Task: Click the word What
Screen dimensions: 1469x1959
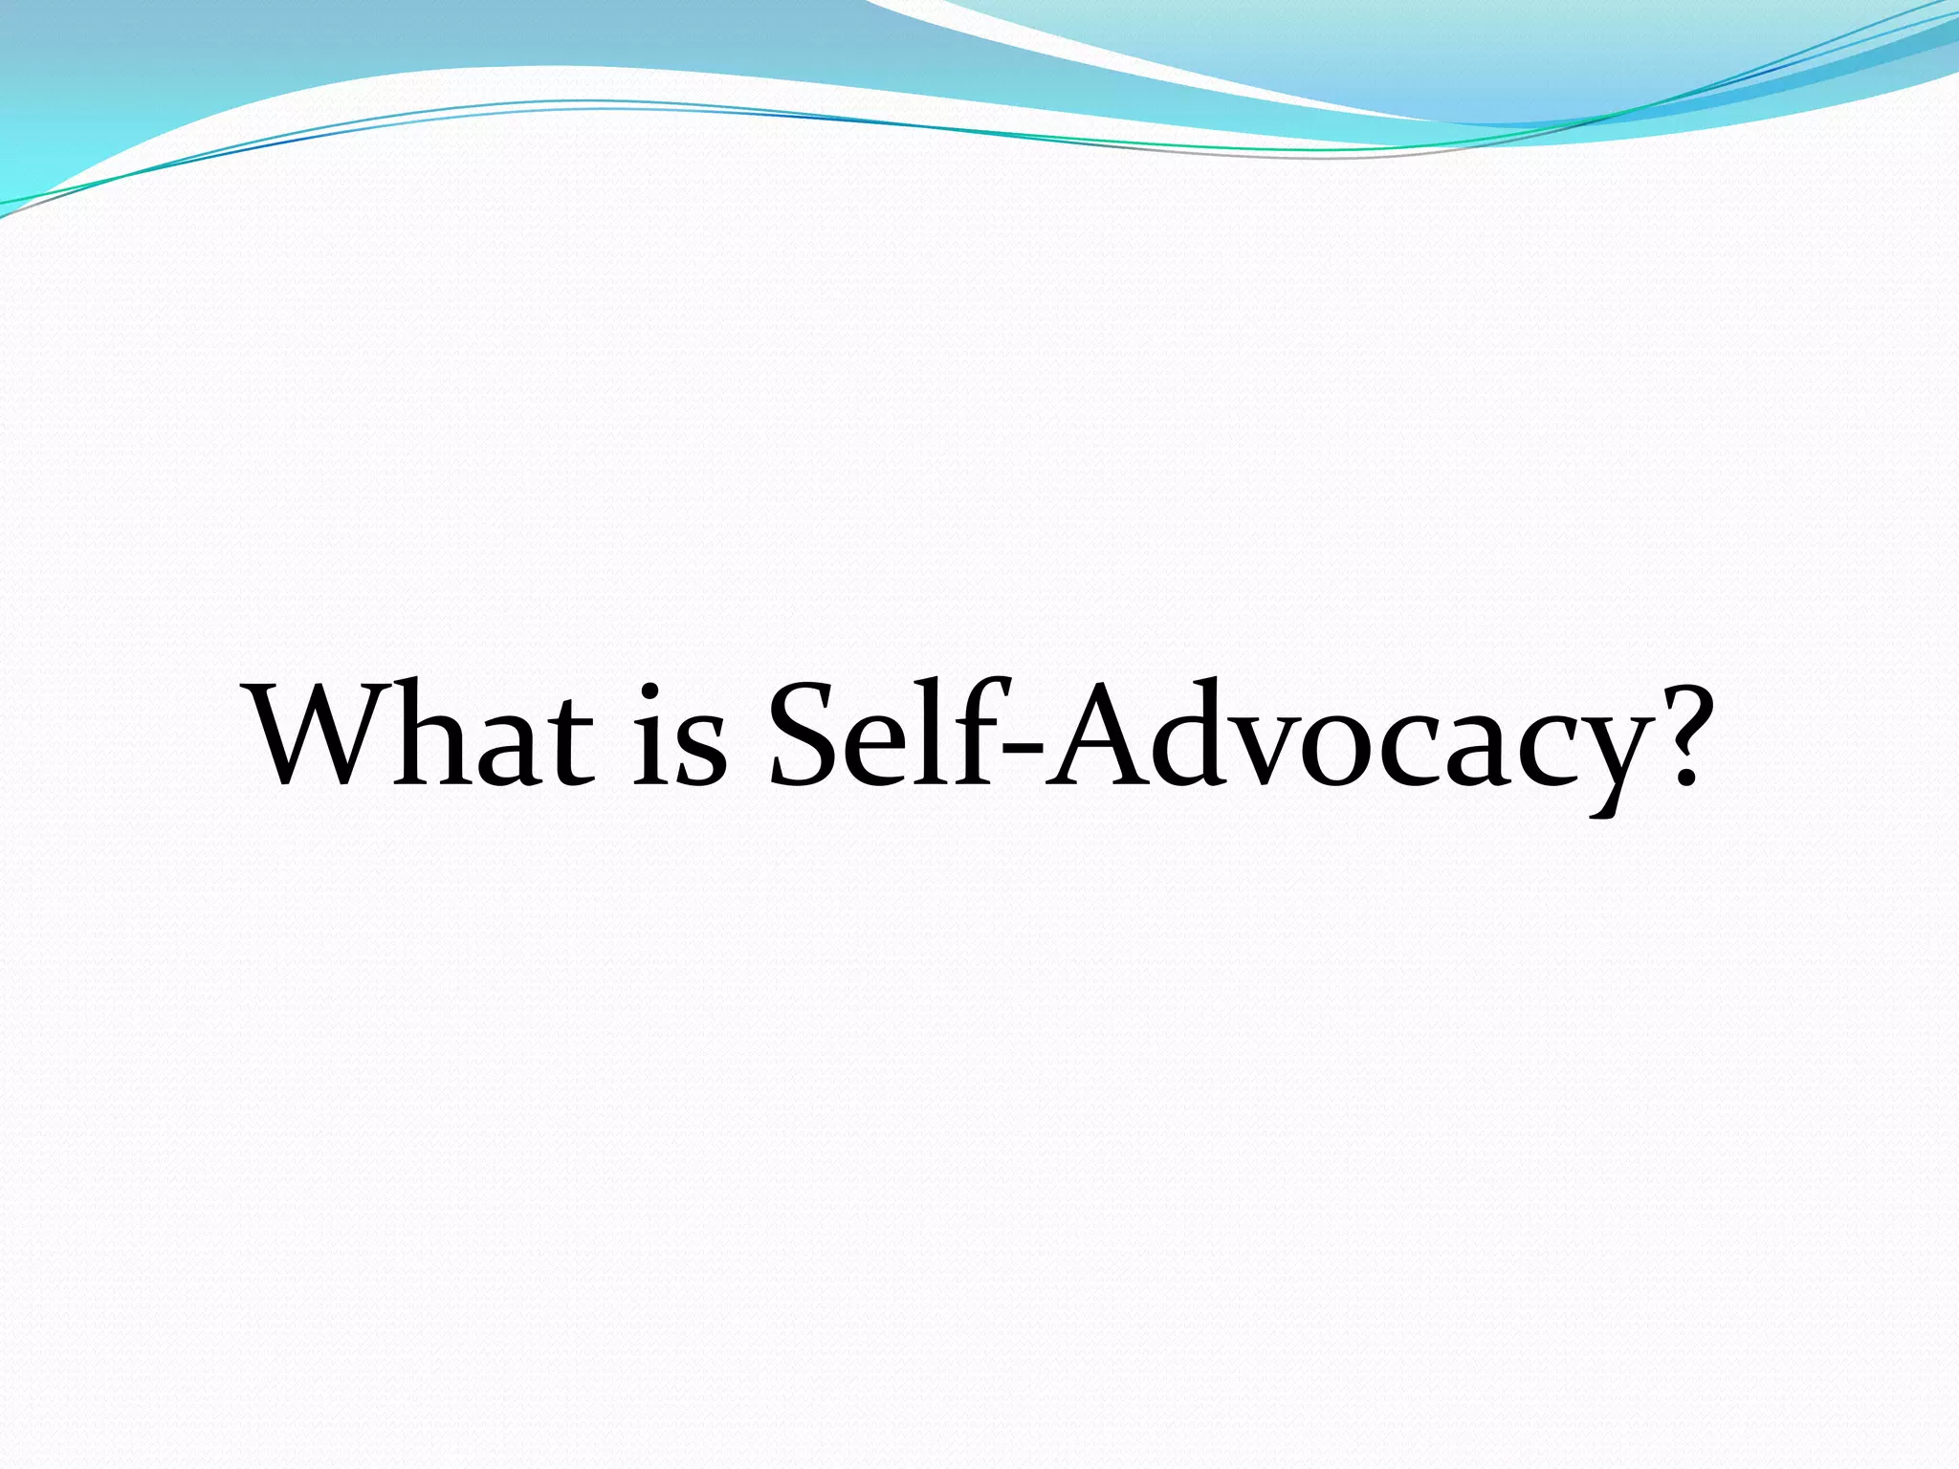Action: (421, 734)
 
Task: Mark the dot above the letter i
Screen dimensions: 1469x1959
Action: (650, 691)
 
